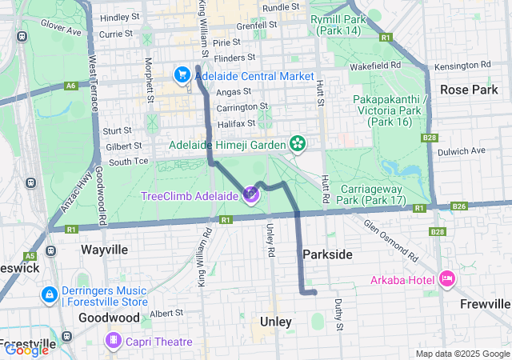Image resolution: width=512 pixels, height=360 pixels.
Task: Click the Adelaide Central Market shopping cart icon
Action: pos(182,76)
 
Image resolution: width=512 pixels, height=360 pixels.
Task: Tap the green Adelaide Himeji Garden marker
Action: pos(298,144)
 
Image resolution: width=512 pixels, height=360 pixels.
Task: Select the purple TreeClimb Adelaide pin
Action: pos(251,194)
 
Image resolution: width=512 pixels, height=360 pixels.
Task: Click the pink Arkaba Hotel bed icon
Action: pos(446,279)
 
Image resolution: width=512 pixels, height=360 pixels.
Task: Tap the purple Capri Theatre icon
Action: pos(114,342)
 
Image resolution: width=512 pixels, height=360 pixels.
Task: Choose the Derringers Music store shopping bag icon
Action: pos(49,295)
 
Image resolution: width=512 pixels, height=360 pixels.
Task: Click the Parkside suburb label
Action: pos(327,254)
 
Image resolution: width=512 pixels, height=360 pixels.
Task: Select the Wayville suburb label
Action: pos(104,250)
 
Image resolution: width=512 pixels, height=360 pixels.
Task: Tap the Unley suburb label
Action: pos(275,322)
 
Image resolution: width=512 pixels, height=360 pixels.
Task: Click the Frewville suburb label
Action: pos(485,304)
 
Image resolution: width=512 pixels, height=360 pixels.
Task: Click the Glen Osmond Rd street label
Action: pos(390,242)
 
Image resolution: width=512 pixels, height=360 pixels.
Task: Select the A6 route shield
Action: pos(72,85)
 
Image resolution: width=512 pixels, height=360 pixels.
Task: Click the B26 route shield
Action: pos(458,206)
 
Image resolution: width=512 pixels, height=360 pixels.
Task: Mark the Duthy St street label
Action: pos(339,314)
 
